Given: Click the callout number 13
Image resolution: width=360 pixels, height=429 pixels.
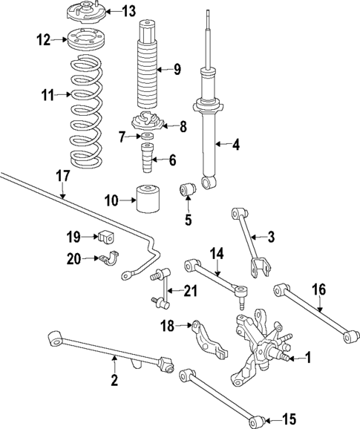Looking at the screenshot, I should (x=129, y=10).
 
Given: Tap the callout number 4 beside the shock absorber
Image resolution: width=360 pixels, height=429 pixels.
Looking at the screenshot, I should (x=235, y=145).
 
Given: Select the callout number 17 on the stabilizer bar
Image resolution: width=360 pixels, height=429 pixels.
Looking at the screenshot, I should (x=62, y=177).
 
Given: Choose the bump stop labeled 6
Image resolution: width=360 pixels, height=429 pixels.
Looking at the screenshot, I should (x=145, y=159).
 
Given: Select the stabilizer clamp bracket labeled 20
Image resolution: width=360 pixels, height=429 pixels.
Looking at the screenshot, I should (x=110, y=259).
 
